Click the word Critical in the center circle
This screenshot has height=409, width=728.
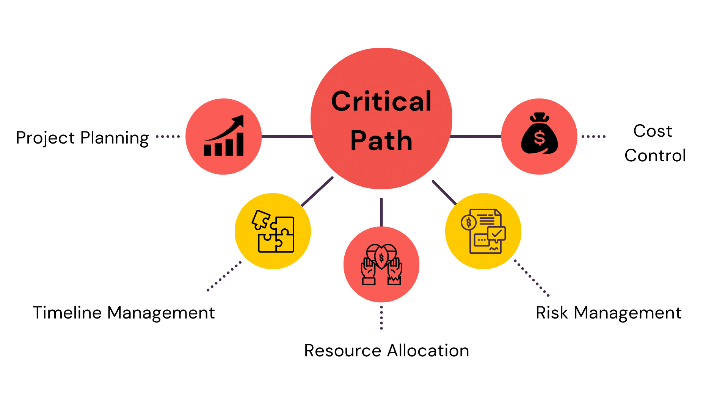[x=381, y=101]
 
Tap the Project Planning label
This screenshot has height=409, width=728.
[x=82, y=138]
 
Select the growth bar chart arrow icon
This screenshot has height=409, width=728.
[x=224, y=136]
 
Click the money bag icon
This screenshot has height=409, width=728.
[x=539, y=134]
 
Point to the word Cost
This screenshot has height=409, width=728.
[x=653, y=131]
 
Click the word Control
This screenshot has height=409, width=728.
[x=655, y=155]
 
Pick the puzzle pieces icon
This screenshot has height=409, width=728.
[x=273, y=231]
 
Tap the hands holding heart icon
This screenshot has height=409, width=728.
[x=381, y=264]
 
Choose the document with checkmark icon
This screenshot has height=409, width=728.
[x=483, y=231]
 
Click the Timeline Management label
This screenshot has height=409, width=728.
[x=124, y=313]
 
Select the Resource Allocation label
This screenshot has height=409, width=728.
[x=387, y=351]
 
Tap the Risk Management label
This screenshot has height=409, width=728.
[x=609, y=313]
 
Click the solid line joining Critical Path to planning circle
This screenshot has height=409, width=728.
[x=287, y=136]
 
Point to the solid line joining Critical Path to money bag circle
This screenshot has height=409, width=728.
[x=476, y=136]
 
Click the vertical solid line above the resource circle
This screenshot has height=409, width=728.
[x=381, y=212]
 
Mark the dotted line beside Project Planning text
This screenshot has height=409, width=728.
[x=168, y=137]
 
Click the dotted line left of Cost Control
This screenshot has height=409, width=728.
[x=594, y=137]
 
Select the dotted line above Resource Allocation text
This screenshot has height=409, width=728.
[x=381, y=318]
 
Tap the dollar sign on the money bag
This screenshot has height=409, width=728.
[x=539, y=138]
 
